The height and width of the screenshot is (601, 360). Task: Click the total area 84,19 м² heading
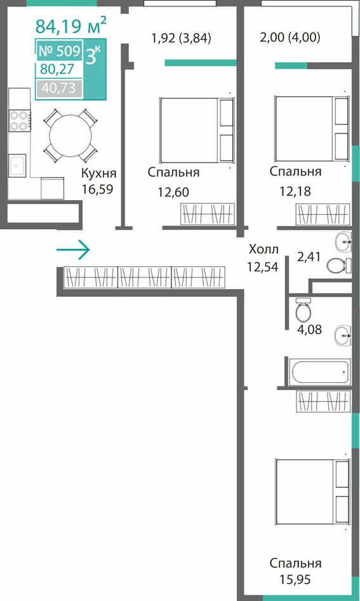[71, 25]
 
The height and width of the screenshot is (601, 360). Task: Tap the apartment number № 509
[59, 51]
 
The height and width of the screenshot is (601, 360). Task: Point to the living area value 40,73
[58, 88]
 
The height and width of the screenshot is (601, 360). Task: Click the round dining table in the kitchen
[70, 135]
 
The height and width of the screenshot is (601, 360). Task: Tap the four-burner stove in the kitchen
[20, 120]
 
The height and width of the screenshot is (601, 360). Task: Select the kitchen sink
[17, 165]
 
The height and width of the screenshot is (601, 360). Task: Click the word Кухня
[98, 173]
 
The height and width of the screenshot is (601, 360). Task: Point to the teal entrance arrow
[73, 250]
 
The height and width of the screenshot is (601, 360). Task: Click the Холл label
[263, 250]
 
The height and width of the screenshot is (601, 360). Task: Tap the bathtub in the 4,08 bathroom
[320, 372]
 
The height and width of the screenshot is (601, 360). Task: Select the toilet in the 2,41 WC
[338, 265]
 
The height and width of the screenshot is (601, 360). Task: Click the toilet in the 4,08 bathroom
[303, 309]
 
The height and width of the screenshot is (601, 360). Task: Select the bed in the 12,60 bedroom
[197, 130]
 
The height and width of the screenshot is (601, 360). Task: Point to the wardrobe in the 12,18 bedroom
[323, 214]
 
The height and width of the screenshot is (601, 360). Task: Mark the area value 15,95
[295, 579]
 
